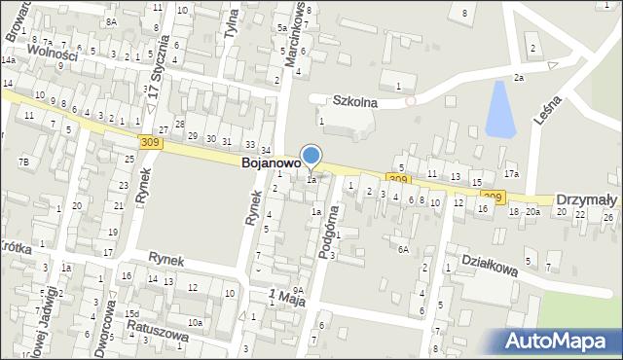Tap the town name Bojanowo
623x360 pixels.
coord(269,165)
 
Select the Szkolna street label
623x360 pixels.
coord(354,100)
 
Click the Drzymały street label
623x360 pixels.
coord(587,199)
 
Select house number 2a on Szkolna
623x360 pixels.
coord(519,78)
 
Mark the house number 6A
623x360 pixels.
coord(402,249)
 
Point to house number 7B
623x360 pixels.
coord(23,161)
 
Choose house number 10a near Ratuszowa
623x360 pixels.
coord(196,322)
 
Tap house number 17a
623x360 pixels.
coord(511,174)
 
